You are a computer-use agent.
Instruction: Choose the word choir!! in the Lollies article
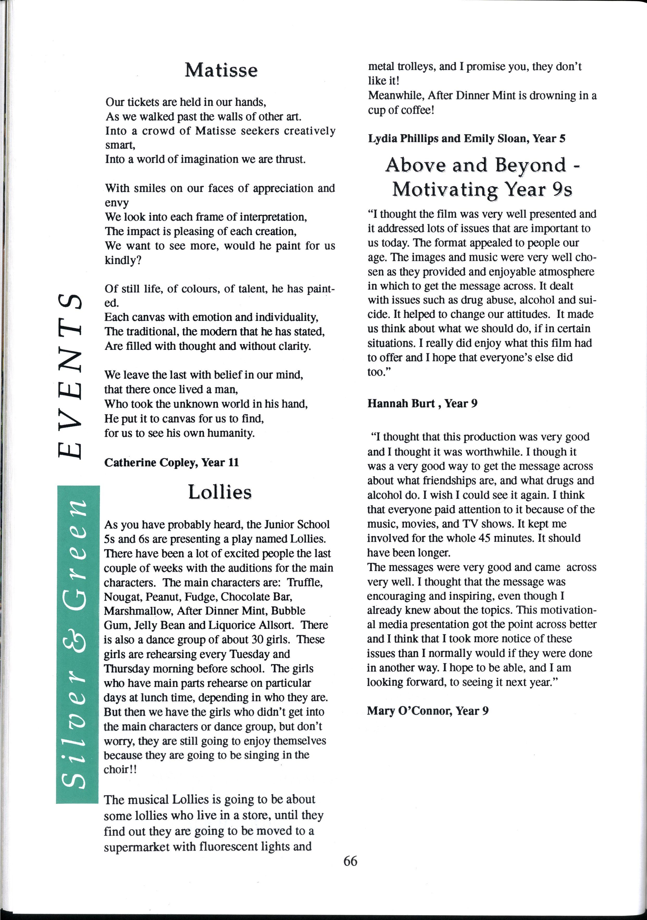120,770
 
